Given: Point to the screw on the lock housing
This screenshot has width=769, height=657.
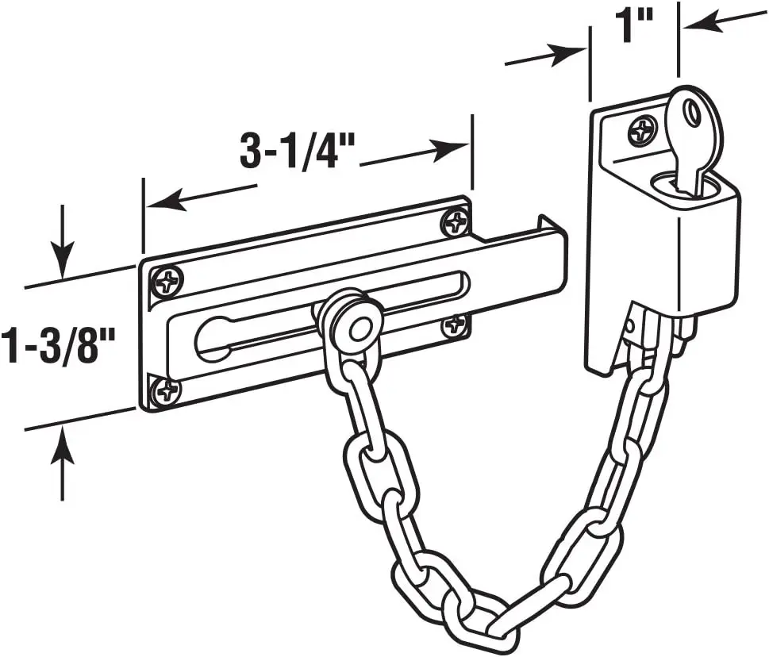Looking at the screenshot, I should [642, 131].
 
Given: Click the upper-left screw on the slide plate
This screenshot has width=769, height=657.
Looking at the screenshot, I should [167, 280].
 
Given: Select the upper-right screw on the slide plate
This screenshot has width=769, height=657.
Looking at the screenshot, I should [455, 222].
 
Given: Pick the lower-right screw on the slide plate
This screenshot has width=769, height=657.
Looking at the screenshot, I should [455, 325].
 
